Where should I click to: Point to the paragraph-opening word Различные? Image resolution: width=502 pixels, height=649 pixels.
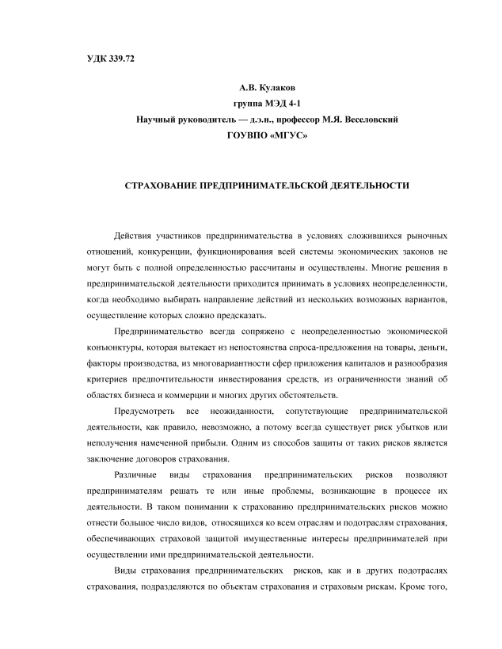click(x=134, y=476)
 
